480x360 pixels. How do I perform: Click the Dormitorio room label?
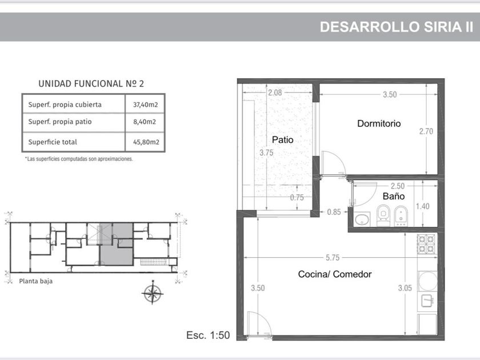[x=379, y=123]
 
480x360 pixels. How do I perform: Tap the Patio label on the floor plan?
[x=282, y=139]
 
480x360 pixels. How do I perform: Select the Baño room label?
[x=394, y=196]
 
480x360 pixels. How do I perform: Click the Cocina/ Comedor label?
[x=335, y=274]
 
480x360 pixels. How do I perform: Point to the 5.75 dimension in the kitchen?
[x=333, y=258]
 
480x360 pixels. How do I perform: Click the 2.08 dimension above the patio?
[x=275, y=93]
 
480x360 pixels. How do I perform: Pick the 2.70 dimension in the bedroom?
[x=426, y=131]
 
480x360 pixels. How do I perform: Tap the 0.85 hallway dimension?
[x=334, y=212]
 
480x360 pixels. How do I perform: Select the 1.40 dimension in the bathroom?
[x=422, y=206]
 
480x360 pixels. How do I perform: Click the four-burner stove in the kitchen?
[x=426, y=244]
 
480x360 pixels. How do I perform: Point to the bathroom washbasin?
[x=362, y=219]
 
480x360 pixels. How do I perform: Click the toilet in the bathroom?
[x=383, y=215]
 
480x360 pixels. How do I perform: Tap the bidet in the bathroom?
[x=401, y=216]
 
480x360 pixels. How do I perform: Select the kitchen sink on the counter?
[x=427, y=301]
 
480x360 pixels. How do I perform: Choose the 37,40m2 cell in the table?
[x=145, y=105]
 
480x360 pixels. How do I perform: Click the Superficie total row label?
[x=53, y=142]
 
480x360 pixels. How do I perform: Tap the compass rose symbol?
[x=153, y=293]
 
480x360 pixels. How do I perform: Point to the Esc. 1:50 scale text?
[x=208, y=335]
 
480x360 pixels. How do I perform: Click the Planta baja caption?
[x=36, y=281]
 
